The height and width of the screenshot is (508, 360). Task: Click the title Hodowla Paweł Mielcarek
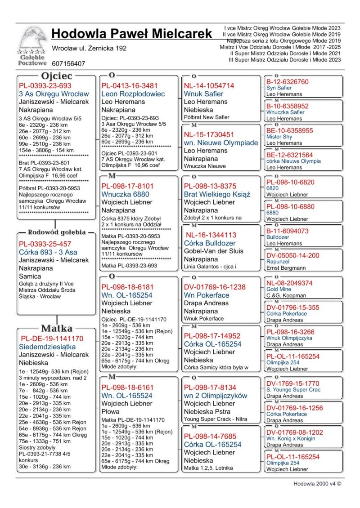131,34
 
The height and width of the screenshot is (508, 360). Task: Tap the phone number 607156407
68,64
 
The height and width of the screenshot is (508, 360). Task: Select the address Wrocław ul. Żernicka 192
89,48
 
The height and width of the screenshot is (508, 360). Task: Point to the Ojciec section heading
56,76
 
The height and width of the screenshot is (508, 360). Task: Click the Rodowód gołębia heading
57,232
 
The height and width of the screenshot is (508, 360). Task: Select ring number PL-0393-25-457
45,244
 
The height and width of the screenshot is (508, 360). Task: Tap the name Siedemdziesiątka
47,347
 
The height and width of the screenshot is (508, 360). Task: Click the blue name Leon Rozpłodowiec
133,94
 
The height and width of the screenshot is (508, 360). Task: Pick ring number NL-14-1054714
209,85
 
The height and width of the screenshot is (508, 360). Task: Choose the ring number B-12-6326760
288,82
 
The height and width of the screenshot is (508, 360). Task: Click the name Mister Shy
279,137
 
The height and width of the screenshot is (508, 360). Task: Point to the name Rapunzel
279,262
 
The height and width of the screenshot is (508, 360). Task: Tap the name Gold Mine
279,290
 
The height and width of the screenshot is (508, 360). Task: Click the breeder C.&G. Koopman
286,296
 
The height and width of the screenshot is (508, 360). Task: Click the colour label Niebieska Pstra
207,411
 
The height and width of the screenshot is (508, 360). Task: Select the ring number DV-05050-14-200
293,255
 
